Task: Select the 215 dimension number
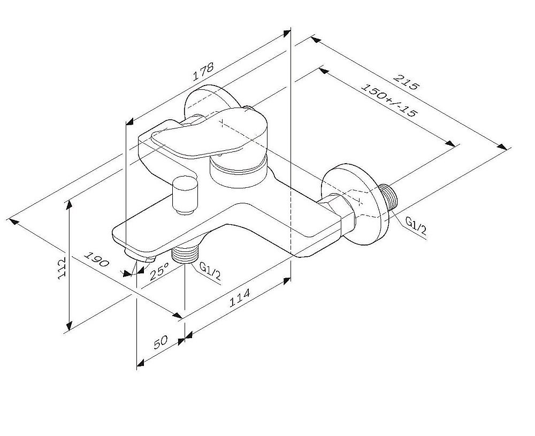tap(406, 81)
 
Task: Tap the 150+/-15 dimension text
tap(389, 100)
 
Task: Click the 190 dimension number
tap(96, 259)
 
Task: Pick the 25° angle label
tap(159, 271)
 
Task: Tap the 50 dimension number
tap(160, 342)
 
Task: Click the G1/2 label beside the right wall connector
tap(416, 226)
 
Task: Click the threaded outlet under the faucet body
tap(185, 254)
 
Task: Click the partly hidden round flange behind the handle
tap(211, 100)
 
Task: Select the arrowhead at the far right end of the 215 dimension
tap(502, 147)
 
